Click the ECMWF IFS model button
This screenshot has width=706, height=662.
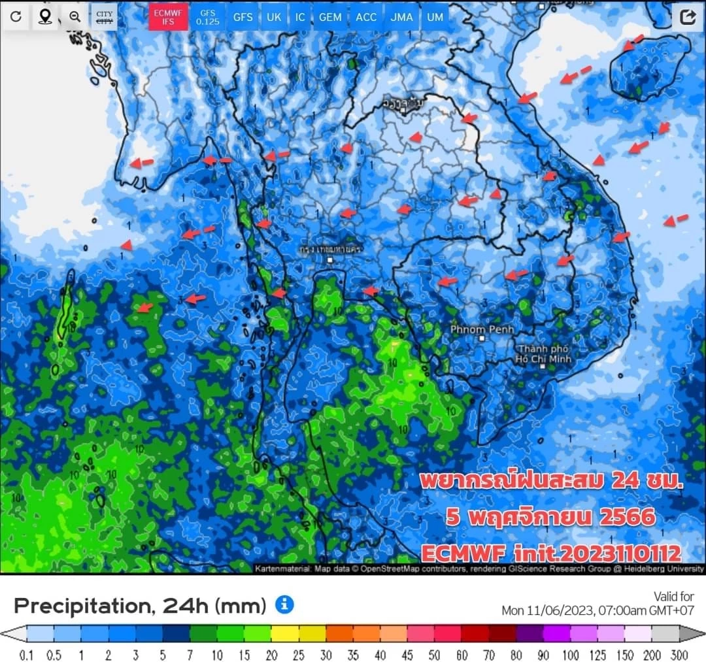coord(163,16)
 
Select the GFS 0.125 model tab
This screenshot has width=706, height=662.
coord(207,17)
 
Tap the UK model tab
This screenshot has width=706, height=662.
coord(274,17)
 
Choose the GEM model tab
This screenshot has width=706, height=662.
coord(330,17)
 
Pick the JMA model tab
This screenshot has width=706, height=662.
coord(401,17)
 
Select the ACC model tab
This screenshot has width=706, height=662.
coord(366,17)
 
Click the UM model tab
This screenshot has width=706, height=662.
coord(435,17)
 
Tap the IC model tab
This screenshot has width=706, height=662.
coord(300,17)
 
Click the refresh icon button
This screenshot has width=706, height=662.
coord(16,17)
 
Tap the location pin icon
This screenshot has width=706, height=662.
coord(45,17)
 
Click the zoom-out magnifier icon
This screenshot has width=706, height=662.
coord(75,17)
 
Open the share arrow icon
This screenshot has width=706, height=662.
coord(688,17)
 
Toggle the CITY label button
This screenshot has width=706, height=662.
coord(104,17)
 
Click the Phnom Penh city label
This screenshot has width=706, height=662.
coord(482,330)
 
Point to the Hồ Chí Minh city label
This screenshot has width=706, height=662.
coord(543,354)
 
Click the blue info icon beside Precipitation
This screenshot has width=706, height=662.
coord(284,605)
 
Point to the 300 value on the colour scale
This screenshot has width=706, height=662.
coord(681,655)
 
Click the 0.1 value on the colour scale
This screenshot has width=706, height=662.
coord(27,655)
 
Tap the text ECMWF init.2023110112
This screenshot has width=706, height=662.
coord(550,554)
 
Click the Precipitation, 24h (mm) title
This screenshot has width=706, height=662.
coord(140,606)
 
